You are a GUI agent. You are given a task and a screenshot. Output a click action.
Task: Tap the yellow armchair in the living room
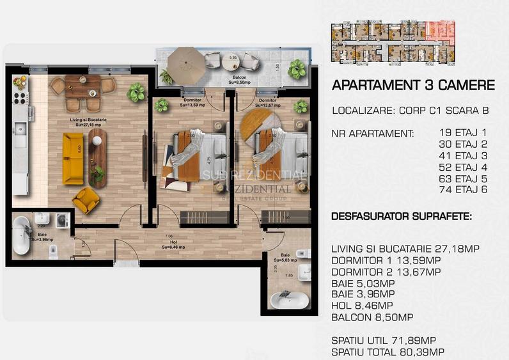coord(85,200)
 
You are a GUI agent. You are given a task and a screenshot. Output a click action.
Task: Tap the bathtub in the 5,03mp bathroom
coord(289,300)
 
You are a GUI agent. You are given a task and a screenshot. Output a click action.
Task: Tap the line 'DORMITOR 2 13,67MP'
coord(386,272)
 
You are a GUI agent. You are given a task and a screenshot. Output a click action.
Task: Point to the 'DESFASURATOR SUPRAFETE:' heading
coord(402,217)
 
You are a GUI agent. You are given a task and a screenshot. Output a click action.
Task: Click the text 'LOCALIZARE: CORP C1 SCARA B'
coord(411,111)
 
